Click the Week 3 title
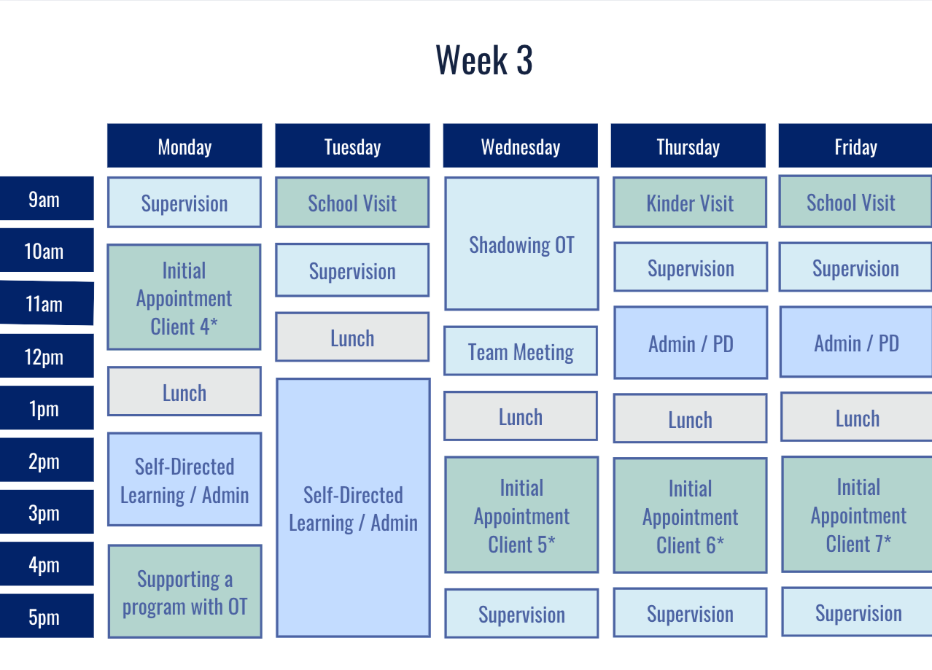click(484, 60)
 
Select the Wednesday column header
click(520, 147)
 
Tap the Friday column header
click(855, 147)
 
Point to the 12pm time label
click(44, 357)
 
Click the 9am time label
click(44, 199)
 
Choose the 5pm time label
click(44, 617)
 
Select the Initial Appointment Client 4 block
click(184, 297)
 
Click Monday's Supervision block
click(184, 203)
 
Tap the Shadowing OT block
click(521, 244)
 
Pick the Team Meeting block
click(521, 351)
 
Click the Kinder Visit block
click(690, 203)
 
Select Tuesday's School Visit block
click(352, 203)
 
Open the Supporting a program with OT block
click(185, 592)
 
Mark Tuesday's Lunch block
click(352, 338)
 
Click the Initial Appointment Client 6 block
click(690, 515)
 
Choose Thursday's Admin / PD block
click(691, 343)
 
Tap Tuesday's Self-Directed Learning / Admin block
click(353, 507)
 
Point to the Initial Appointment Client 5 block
click(521, 515)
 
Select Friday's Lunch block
click(857, 418)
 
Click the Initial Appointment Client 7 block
click(858, 514)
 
